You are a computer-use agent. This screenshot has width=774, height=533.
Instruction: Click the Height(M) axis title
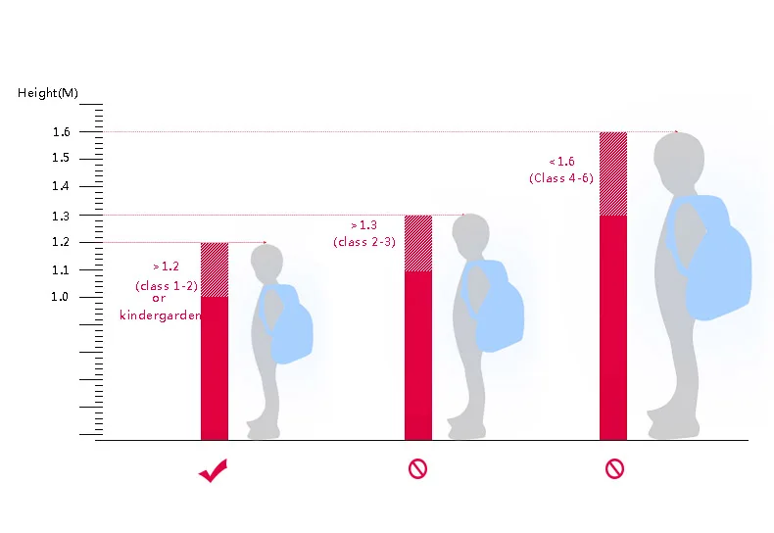pos(48,93)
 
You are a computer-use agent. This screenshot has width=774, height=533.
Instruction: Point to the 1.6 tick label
pos(61,131)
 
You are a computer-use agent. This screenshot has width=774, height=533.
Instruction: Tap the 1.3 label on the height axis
pos(61,216)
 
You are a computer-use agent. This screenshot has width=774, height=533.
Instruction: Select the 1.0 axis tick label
pos(60,297)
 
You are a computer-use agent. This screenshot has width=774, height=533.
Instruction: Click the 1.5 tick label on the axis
pos(61,158)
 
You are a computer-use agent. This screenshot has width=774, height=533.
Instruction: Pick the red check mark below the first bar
pos(214,470)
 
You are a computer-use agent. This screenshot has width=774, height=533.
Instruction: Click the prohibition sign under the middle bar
pos(417,469)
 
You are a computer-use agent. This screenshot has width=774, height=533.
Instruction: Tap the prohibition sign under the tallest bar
pos(614,469)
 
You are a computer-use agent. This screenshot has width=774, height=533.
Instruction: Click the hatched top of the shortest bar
pos(215,269)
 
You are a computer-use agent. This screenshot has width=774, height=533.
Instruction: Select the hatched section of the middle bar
pos(418,243)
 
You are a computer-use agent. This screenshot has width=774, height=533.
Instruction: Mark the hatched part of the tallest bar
pos(613,173)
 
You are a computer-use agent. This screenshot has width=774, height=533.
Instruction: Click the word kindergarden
pos(160,315)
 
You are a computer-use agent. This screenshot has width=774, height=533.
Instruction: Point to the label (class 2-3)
pos(364,242)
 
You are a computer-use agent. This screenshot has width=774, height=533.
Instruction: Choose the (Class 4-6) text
pos(561,178)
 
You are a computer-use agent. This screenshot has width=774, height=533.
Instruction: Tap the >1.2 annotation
pos(166,266)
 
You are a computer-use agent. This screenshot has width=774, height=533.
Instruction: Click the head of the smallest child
pos(266,262)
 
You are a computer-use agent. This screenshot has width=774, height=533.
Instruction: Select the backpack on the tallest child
pos(708,257)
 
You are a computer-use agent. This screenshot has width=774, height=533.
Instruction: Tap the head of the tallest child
pos(679,162)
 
